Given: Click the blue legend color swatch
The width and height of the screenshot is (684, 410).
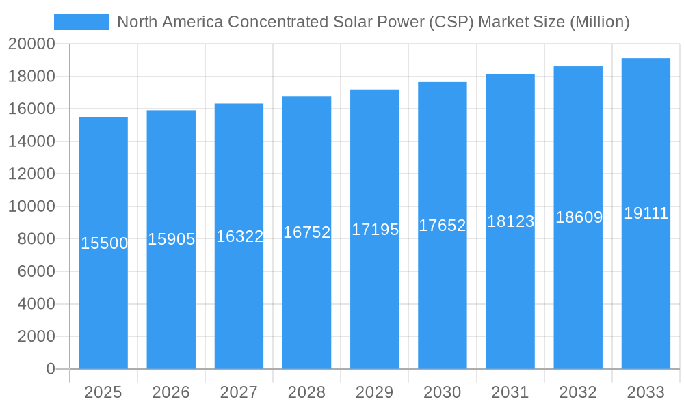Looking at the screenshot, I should coord(81,22).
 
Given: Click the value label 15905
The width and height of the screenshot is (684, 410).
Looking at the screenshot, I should coord(171,239).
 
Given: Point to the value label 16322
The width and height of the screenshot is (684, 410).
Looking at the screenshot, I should coord(239,236).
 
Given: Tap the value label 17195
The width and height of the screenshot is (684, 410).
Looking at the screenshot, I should coord(375,230).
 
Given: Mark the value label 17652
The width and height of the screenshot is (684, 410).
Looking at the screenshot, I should coord(442,225).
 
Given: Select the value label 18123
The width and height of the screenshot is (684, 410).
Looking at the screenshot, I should coord(510,221).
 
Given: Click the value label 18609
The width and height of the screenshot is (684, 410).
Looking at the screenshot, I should coord(578,217).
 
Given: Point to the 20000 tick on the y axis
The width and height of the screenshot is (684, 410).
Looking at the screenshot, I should coord(31,44).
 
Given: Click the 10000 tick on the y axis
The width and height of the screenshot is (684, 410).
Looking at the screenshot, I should coord(31,206).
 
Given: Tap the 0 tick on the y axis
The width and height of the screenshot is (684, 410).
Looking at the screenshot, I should coord(50,369).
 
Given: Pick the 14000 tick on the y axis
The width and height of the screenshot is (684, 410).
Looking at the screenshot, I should coord(31,141).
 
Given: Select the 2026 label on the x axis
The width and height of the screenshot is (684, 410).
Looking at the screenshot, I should coord(171,392).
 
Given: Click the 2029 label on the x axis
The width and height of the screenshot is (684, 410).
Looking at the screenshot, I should coord(375,392).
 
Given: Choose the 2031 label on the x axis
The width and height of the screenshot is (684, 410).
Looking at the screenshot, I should coord(510,392).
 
